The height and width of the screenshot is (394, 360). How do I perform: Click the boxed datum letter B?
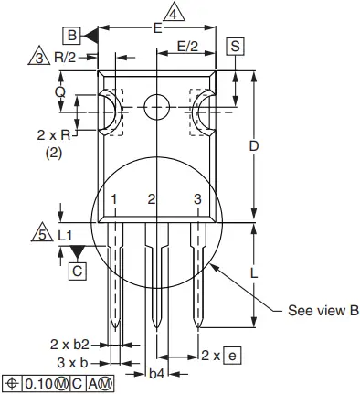(x=71, y=35)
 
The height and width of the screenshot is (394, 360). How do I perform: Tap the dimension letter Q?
(x=60, y=91)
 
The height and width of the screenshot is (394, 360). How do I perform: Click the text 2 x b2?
(x=69, y=344)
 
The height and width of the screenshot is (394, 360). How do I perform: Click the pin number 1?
(x=114, y=198)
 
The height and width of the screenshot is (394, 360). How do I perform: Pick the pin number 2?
(x=153, y=198)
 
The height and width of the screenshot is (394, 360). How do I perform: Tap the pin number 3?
(x=197, y=198)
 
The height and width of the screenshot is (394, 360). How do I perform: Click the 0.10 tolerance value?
(x=41, y=382)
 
